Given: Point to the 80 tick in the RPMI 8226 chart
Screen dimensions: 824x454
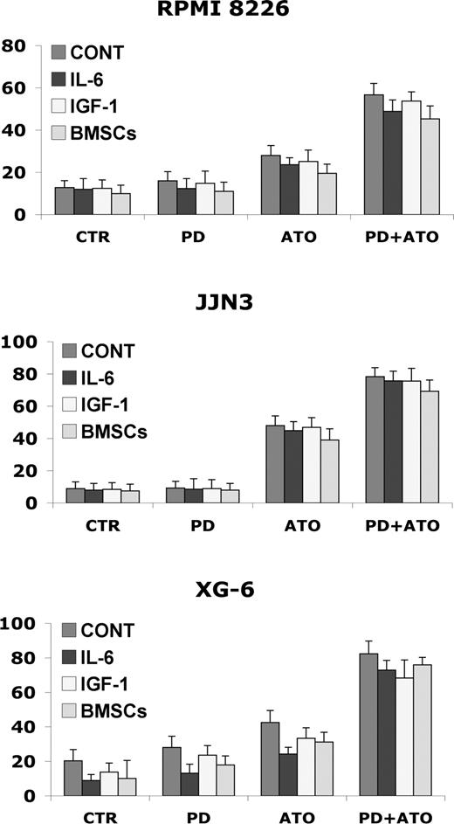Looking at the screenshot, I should pos(18,45).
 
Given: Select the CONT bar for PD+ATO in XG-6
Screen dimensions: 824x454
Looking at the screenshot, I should pos(374,724).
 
